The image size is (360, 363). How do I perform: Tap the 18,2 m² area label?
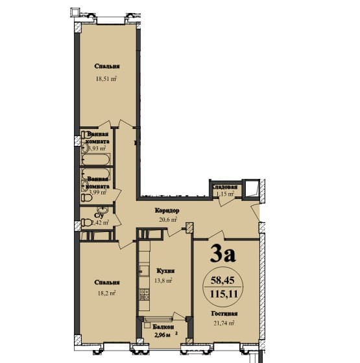click(106, 293)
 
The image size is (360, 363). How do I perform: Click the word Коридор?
click(167, 211)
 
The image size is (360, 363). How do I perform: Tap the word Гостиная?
click(222, 313)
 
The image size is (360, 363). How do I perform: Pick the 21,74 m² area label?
click(222, 322)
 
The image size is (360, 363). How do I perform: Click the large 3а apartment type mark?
click(222, 253)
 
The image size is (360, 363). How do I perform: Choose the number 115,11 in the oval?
click(222, 293)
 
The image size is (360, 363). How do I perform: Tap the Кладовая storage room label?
click(228, 188)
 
